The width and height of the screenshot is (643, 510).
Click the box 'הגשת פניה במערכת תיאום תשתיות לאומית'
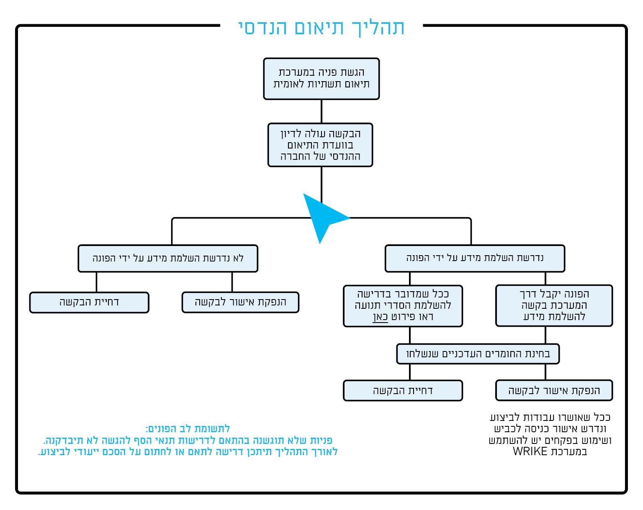pos(321,79)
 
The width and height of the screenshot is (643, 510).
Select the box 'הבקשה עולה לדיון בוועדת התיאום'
pos(320,145)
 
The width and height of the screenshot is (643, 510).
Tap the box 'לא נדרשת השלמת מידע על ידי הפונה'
pos(168,258)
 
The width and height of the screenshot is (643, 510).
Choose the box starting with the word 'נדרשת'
pos(475,258)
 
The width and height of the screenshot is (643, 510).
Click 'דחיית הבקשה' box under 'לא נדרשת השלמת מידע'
pos(89,302)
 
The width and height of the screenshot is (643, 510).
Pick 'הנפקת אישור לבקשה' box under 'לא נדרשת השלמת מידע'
pos(240,302)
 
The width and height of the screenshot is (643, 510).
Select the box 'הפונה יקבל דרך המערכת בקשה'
pos(554,305)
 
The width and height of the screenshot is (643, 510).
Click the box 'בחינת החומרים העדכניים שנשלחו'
pos(478,354)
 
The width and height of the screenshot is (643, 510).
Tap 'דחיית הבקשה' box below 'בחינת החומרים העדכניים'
pos(403,390)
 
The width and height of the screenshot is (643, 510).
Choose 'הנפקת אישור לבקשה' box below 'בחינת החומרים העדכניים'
pos(554,390)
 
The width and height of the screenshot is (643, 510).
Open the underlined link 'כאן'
pos(381,317)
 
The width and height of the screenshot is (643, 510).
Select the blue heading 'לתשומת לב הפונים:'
pos(188,429)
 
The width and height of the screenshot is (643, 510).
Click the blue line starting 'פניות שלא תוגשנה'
pos(188,441)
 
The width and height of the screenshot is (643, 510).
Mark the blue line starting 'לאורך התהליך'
pos(188,452)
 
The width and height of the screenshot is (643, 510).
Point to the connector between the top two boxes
pos(321,111)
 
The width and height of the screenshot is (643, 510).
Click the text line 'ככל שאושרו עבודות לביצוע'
pos(550,418)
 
